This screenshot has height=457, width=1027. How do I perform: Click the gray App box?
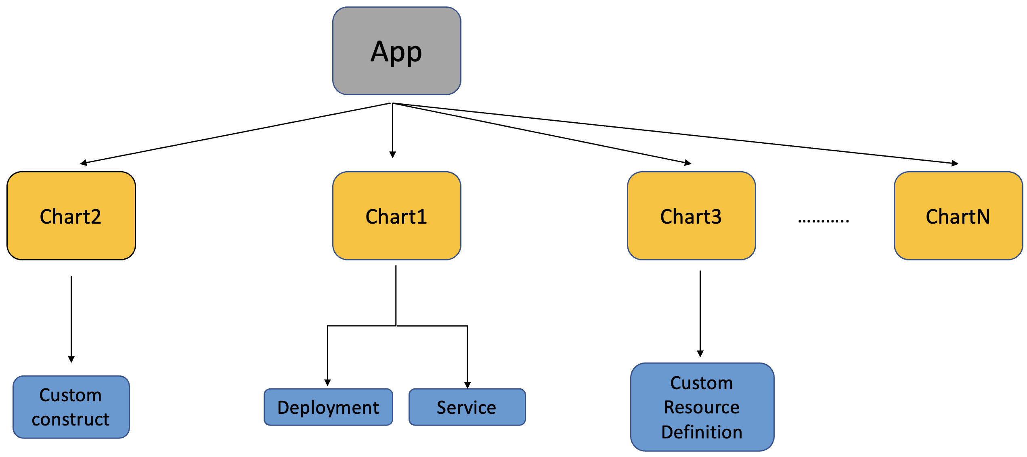396,51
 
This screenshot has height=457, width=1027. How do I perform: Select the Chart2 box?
71,216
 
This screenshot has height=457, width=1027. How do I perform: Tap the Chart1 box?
396,216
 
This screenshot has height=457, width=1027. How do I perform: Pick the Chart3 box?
691,216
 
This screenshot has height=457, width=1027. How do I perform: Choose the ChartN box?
958,216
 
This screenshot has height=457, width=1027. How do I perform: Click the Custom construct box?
71,407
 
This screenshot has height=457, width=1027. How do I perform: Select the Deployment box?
328,407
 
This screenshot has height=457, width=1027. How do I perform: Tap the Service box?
467,407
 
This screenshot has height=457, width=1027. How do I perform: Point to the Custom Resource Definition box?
702,407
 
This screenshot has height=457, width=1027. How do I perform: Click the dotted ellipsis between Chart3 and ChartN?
824,220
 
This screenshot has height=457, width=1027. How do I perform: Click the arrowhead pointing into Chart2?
84,163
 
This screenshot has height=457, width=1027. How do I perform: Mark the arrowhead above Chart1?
392,155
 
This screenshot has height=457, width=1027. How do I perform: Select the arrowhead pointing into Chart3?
688,163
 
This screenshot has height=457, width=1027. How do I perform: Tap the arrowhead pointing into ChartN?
955,164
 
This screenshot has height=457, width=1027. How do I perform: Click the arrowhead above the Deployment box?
327,382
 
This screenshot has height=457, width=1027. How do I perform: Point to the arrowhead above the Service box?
467,385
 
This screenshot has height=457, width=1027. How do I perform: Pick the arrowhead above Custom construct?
71,359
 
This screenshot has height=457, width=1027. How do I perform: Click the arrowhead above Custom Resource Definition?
700,354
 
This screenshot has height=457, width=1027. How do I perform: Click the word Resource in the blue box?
702,407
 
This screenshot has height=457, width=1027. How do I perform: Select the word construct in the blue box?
71,419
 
